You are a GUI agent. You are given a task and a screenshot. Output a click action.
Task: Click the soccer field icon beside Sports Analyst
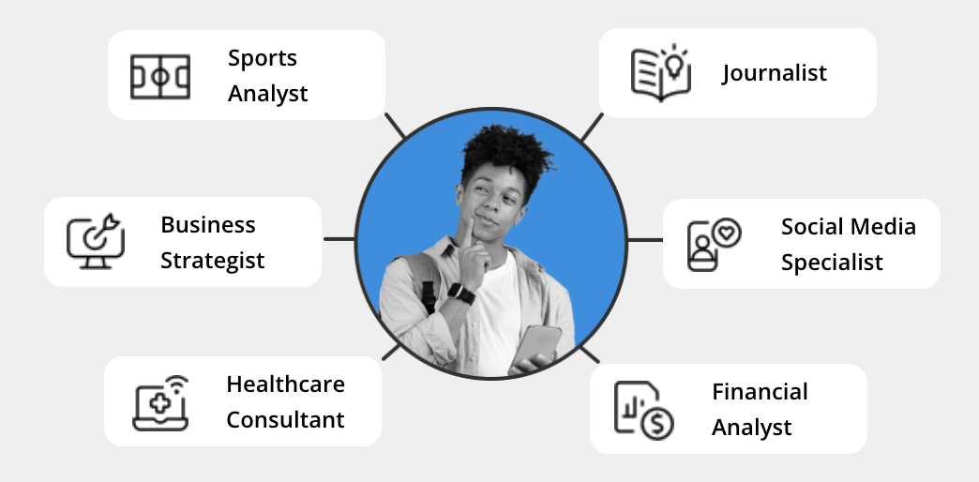tap(159, 75)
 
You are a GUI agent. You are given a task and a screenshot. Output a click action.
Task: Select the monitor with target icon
tap(95, 241)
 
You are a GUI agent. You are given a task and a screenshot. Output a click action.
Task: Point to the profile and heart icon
tap(714, 244)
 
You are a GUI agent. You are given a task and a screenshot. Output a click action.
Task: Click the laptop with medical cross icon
tap(159, 402)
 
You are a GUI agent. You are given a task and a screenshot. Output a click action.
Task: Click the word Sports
tap(262, 58)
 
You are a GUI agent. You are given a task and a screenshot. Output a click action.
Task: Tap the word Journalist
tap(775, 73)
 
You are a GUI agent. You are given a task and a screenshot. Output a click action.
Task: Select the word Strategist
tap(212, 261)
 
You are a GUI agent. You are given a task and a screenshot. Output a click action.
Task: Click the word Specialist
tap(832, 263)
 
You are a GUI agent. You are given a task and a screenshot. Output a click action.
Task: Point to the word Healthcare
tap(285, 384)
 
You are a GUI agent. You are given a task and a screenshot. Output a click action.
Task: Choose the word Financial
tap(760, 392)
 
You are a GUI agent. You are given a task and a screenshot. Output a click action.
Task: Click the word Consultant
tap(285, 420)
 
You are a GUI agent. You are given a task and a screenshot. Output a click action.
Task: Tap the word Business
tap(208, 225)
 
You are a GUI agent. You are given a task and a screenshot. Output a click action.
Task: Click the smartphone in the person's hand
tap(539, 347)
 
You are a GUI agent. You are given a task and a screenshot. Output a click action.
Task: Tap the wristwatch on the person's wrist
tap(460, 293)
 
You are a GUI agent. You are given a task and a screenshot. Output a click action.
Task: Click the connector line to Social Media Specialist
tap(644, 240)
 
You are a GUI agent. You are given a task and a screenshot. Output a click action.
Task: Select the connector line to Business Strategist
tap(339, 239)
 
